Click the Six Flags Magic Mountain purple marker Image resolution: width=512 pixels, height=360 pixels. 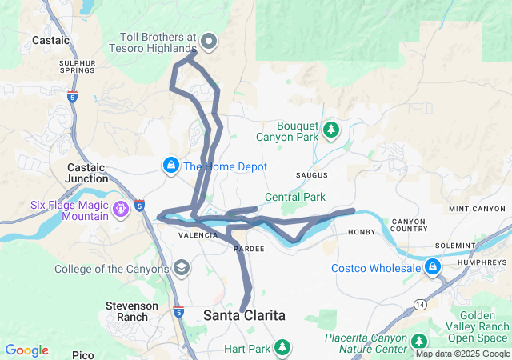coord(121,210)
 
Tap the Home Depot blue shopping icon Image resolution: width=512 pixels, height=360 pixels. coord(171,166)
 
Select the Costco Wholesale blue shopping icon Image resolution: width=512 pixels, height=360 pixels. coord(433,266)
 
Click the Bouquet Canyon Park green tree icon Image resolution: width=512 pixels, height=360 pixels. coord(331,129)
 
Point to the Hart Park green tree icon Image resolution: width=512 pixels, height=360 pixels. coord(282,346)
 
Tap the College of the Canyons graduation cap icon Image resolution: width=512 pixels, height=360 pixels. coord(182,268)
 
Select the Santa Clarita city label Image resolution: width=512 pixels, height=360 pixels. coord(244,315)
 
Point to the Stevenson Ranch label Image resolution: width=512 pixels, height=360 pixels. coord(127,311)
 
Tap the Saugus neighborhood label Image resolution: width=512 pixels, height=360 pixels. coord(312,174)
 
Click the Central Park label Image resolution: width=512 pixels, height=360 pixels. coord(295,197)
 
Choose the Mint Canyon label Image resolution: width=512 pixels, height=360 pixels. coord(477,209)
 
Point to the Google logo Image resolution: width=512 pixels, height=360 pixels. coord(26,350)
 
